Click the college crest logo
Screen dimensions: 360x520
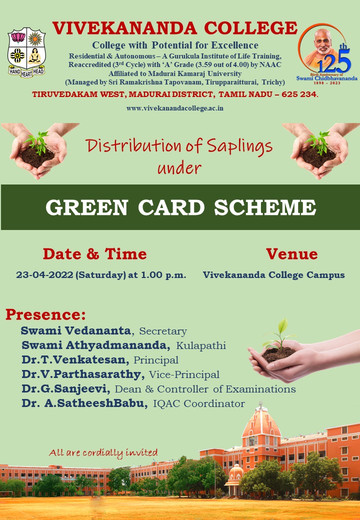click(x=26, y=52)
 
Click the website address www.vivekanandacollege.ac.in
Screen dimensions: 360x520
click(x=174, y=108)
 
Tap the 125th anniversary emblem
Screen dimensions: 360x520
click(x=326, y=54)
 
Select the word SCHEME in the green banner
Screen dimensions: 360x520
click(x=265, y=207)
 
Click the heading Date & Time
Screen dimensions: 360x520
click(x=95, y=254)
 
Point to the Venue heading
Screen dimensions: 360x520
click(x=291, y=254)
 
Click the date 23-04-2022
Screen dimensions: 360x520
click(x=44, y=275)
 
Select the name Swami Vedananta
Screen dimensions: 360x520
click(x=76, y=330)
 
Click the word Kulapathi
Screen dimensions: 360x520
click(x=201, y=345)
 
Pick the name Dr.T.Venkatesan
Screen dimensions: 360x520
click(x=75, y=359)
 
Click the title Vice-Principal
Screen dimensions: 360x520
click(x=184, y=374)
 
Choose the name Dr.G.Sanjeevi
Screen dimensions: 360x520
click(x=66, y=388)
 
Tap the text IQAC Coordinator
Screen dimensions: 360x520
click(x=199, y=403)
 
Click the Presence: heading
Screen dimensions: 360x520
click(x=45, y=314)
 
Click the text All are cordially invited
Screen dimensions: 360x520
click(x=103, y=452)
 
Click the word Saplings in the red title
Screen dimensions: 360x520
click(x=239, y=146)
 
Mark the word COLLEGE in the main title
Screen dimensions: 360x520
click(x=250, y=28)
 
